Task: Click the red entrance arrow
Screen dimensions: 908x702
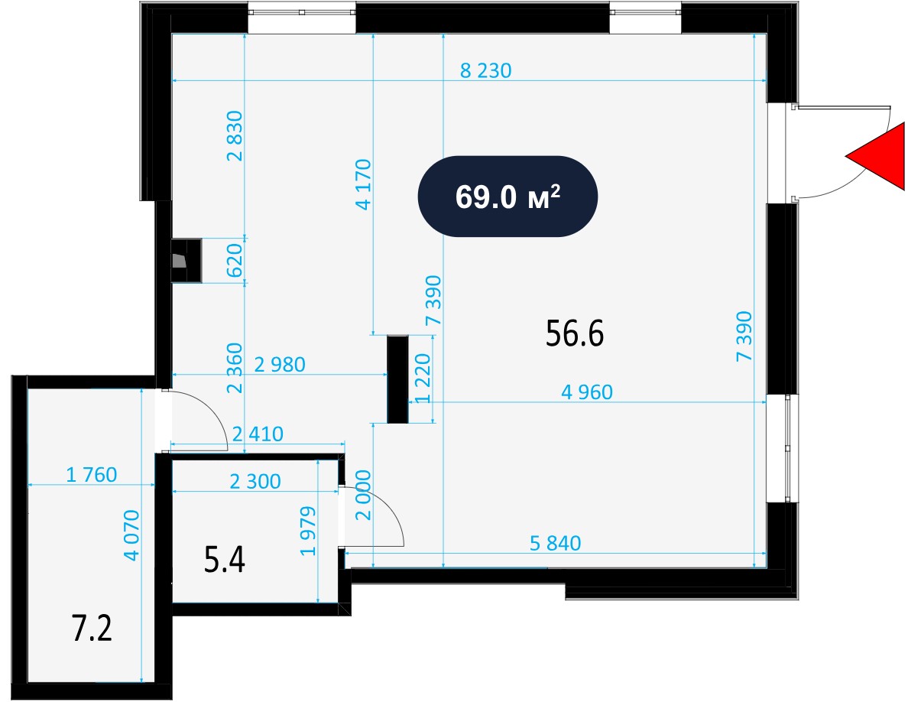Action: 880,157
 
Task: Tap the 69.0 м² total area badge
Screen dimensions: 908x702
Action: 508,197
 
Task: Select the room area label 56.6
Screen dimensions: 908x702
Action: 575,333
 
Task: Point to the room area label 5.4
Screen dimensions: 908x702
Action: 225,560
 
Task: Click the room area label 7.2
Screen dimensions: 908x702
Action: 92,629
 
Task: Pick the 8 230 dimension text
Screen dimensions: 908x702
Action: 486,70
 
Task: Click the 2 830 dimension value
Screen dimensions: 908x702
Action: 235,135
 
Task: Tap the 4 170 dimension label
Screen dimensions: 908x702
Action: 364,184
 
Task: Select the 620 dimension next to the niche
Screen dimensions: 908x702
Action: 234,261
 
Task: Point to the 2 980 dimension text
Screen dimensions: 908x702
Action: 280,364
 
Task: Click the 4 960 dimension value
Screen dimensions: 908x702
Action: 587,392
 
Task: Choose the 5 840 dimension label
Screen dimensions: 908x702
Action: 556,543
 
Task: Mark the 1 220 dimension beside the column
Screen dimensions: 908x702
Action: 423,379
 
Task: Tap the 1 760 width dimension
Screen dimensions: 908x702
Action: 92,475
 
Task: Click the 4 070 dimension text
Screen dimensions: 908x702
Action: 131,535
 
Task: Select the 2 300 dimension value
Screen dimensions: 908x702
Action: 255,481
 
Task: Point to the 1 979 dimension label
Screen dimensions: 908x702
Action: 309,531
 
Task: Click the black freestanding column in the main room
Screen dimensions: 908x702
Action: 398,379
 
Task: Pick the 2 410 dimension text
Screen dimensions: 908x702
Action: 258,434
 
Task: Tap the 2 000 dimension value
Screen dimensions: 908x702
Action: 363,496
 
